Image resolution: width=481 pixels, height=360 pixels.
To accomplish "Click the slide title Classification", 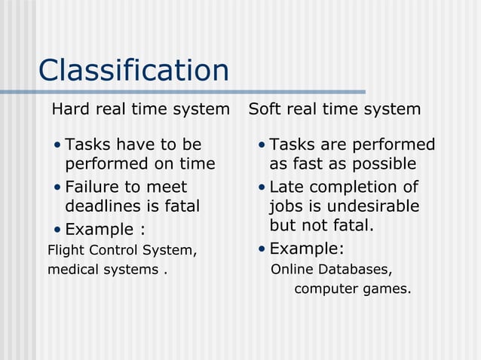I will (133, 71).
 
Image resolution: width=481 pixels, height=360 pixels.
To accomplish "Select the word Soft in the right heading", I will (264, 109).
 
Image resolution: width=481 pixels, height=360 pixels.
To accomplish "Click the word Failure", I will (91, 186).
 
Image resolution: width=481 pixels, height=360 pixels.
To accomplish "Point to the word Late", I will (286, 186).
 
